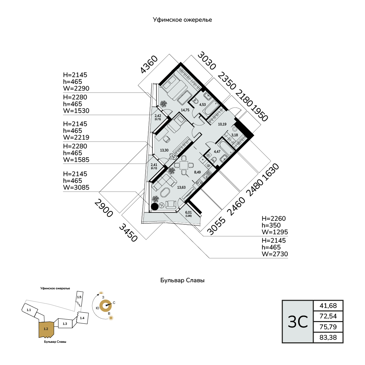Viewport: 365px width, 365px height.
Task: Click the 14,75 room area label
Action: [x=185, y=110]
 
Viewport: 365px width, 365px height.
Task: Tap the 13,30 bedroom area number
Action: [x=164, y=150]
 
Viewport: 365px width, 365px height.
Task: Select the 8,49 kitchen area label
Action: [x=197, y=172]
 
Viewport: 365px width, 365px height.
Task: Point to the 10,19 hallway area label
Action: [x=222, y=124]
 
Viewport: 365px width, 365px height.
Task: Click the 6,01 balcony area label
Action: [x=189, y=212]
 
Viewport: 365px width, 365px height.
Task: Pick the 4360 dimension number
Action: [x=149, y=65]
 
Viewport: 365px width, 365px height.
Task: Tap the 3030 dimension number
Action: [x=207, y=61]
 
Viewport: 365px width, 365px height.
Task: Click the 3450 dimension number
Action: [x=128, y=233]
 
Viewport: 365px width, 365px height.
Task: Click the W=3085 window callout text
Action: [x=76, y=187]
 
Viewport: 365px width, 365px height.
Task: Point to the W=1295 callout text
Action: [x=275, y=232]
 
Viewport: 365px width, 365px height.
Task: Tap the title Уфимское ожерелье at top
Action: [x=182, y=20]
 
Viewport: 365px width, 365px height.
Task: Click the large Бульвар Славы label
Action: [x=182, y=280]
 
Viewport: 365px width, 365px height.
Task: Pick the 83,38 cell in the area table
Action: [x=328, y=337]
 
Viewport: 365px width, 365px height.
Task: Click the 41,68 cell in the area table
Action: [x=328, y=306]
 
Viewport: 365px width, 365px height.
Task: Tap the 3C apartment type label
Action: [x=298, y=322]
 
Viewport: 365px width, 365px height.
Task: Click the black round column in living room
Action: [x=155, y=206]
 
